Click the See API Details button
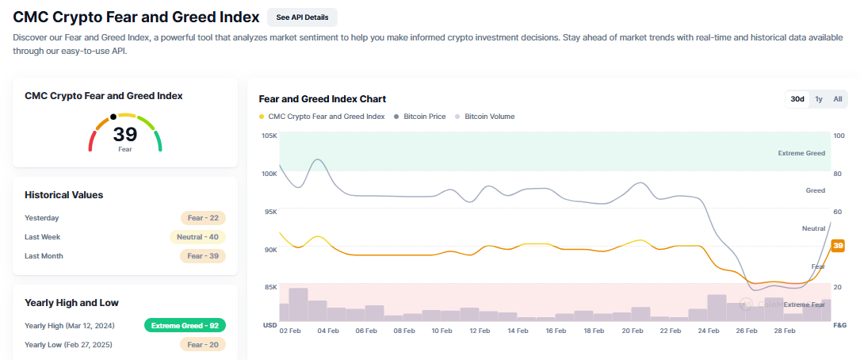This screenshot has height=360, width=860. click(x=302, y=17)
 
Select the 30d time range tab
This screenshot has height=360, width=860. click(x=797, y=99)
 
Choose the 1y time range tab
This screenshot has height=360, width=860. click(x=819, y=99)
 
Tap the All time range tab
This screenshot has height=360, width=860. click(x=837, y=99)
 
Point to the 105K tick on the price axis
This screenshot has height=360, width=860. click(x=269, y=136)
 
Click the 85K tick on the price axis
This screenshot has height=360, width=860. click(x=269, y=287)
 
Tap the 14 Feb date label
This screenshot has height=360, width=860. click(x=518, y=330)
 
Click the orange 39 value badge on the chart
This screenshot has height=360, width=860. click(x=838, y=246)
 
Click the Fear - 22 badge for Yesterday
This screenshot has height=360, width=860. click(x=203, y=218)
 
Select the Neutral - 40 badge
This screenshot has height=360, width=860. click(x=197, y=237)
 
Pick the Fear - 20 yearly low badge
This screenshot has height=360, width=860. click(x=203, y=344)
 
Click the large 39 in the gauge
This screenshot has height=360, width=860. click(x=125, y=134)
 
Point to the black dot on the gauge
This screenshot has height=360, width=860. click(x=113, y=117)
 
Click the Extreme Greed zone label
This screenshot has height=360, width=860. click(x=801, y=153)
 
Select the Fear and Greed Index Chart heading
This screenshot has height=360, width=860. click(x=323, y=99)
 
